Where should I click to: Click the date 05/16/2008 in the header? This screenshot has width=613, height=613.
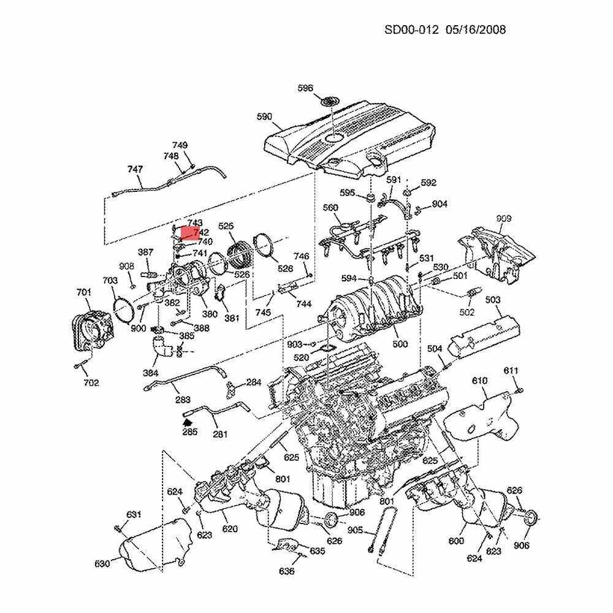tap(476, 29)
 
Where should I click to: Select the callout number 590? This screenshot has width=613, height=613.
tap(264, 116)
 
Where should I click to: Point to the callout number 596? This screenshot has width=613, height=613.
tap(305, 88)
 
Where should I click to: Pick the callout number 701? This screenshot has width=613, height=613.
tap(84, 292)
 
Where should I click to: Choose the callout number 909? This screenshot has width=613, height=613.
tap(504, 219)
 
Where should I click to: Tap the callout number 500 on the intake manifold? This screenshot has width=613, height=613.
tap(400, 345)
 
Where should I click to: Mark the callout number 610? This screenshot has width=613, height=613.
tap(479, 381)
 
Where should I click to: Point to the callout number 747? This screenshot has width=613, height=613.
tap(135, 169)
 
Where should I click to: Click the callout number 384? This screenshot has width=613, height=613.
tap(150, 373)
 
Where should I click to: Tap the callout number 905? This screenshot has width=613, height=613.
tap(355, 530)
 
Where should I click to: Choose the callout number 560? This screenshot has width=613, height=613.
tap(330, 208)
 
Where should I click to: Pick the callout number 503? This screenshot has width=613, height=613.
tap(493, 300)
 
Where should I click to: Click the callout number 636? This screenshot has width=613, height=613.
tap(286, 571)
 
